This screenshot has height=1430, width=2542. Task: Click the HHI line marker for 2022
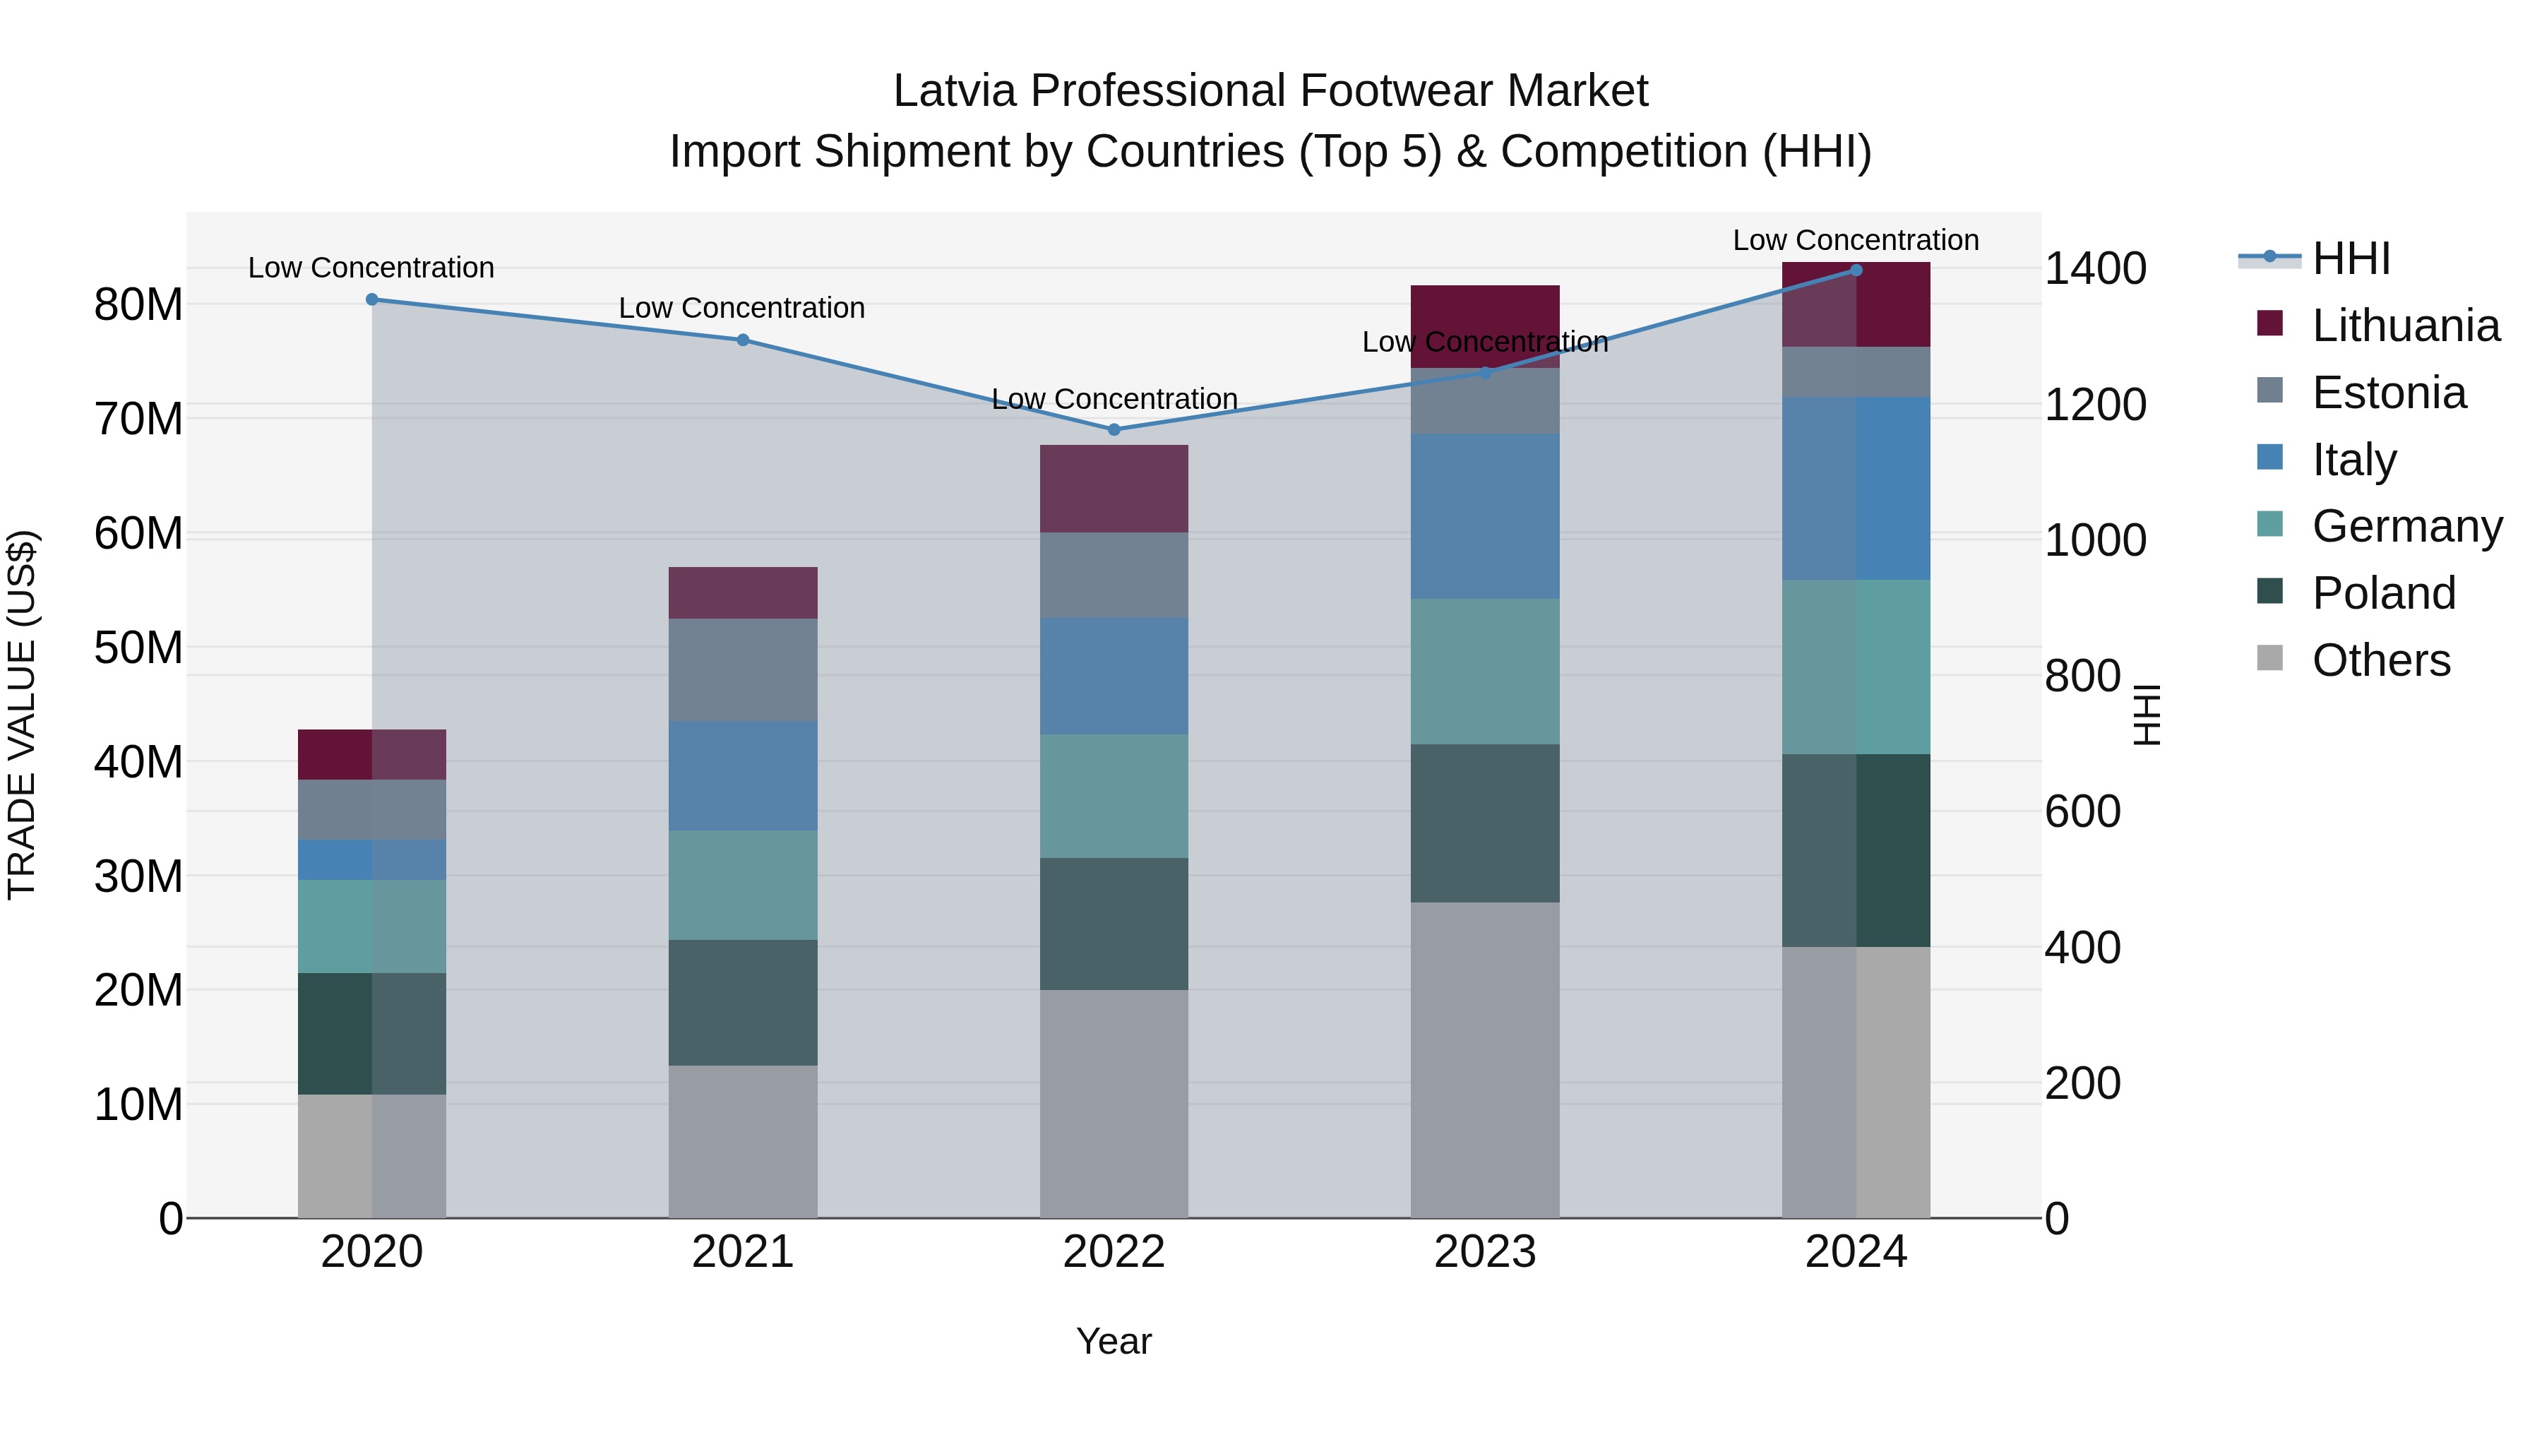1114,429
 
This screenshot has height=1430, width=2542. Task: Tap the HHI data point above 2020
372,299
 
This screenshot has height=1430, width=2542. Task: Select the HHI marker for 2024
1856,270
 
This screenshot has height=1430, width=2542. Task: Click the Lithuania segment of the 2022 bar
1114,489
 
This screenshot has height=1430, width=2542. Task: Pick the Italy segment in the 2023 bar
1485,516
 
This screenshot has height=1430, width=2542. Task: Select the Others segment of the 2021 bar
743,1141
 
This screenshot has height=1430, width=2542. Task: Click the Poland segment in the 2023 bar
1485,823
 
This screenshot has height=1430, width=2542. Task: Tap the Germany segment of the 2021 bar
743,886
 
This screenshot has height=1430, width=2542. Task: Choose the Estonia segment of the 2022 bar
1114,576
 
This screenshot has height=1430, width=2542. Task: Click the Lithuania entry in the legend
2406,326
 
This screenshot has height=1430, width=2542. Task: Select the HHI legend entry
2351,258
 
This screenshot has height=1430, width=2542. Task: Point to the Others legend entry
2380,660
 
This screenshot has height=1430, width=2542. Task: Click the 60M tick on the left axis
138,534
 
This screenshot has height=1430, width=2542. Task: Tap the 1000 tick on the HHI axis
2095,541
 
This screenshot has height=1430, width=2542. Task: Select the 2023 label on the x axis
1485,1252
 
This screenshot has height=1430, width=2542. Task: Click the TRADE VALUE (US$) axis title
22,715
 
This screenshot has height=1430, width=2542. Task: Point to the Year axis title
1114,1341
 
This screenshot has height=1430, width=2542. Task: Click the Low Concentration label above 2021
742,308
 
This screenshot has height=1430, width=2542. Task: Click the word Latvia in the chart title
954,91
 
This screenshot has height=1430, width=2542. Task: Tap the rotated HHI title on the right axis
2147,715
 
